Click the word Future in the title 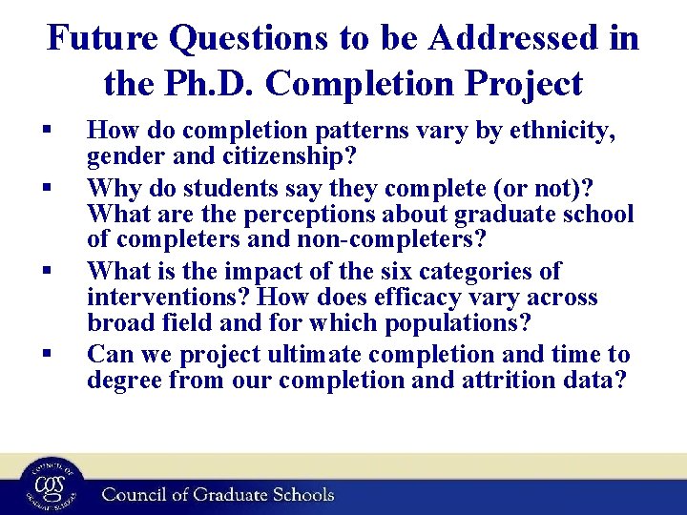click(x=103, y=38)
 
